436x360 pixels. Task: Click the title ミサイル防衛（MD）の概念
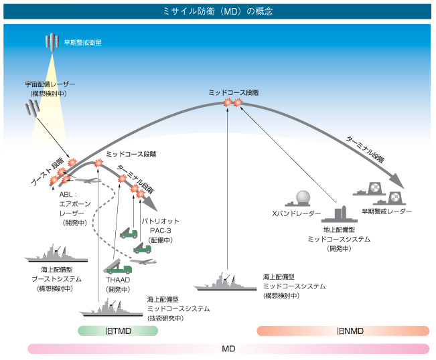click(218, 11)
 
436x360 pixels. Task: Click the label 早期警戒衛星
click(82, 42)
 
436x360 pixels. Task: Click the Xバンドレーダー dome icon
click(303, 198)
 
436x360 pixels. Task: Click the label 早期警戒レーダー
click(386, 211)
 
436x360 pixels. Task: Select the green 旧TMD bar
click(118, 331)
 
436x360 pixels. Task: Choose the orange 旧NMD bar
click(343, 331)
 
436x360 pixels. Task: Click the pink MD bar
click(228, 349)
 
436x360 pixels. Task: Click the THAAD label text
click(117, 280)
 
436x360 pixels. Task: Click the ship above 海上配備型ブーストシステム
click(58, 256)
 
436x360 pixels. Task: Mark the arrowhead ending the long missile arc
click(398, 185)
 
